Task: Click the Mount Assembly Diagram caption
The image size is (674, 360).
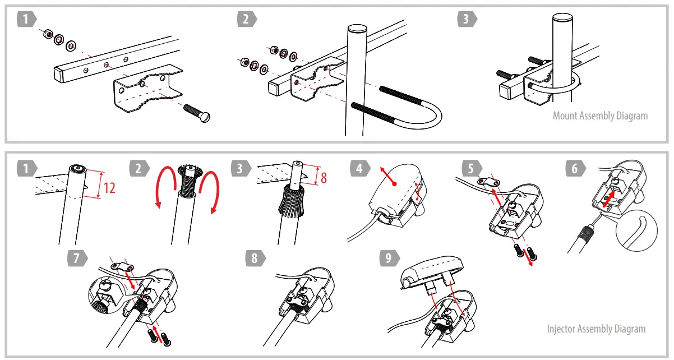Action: click(600, 116)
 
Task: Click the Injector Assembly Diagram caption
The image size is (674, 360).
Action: click(596, 329)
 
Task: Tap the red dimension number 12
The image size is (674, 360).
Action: click(109, 187)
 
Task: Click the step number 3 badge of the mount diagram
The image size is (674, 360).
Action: click(465, 20)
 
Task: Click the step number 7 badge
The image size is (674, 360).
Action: click(76, 259)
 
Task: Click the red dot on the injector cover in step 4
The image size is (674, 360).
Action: click(395, 183)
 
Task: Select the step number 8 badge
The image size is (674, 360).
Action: click(255, 259)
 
